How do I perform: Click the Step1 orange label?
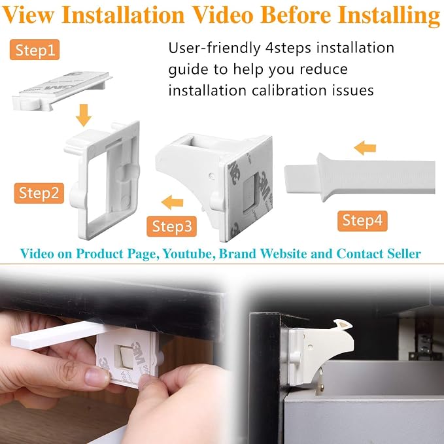pyautogui.click(x=35, y=50)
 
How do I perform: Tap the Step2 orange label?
pyautogui.click(x=39, y=193)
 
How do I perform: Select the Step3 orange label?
pyautogui.click(x=171, y=226)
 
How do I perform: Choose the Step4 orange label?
pyautogui.click(x=362, y=221)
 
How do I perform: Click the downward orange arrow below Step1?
pyautogui.click(x=84, y=115)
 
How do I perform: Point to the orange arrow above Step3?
pyautogui.click(x=172, y=203)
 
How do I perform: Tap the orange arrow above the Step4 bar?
pyautogui.click(x=365, y=148)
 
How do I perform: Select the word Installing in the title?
pyautogui.click(x=389, y=16)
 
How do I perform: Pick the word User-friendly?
pyautogui.click(x=214, y=48)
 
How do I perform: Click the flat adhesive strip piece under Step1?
pyautogui.click(x=62, y=91)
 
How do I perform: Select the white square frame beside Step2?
pyautogui.click(x=103, y=180)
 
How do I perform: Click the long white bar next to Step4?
pyautogui.click(x=360, y=177)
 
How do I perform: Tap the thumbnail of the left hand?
pyautogui.click(x=97, y=377)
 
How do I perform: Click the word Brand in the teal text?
pyautogui.click(x=237, y=254)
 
